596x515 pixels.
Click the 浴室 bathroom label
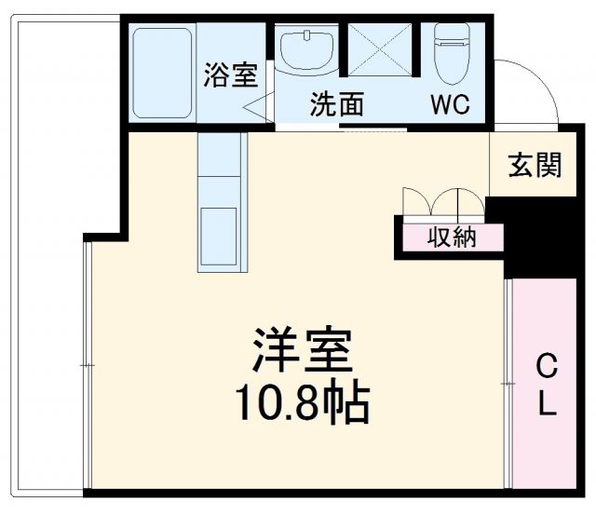[230, 75]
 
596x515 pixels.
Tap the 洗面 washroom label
[336, 104]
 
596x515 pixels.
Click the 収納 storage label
[453, 237]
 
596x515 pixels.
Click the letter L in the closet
[548, 406]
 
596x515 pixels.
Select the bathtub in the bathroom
[162, 73]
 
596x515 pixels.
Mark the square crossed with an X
[380, 47]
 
